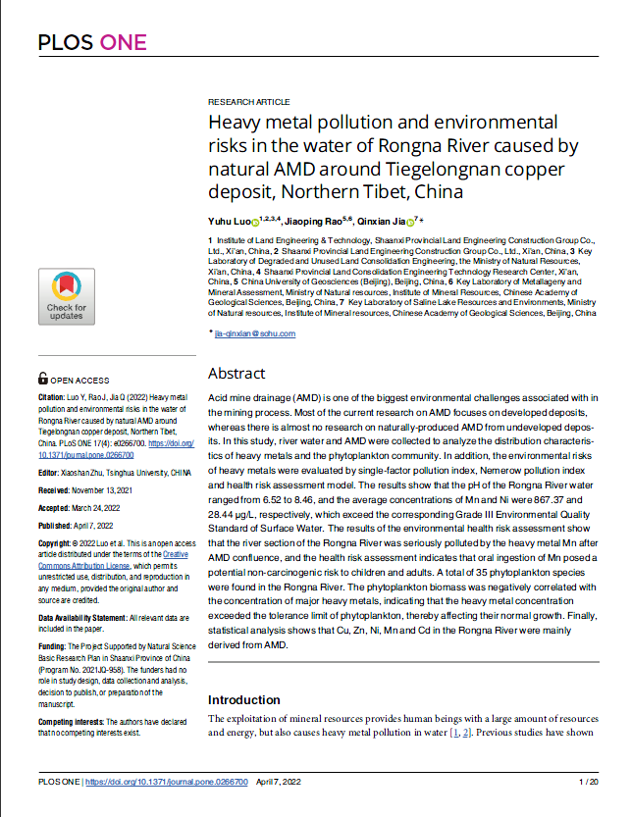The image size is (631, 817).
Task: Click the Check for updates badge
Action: click(66, 297)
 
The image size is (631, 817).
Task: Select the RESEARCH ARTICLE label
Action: click(248, 102)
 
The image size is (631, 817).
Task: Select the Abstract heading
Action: click(237, 373)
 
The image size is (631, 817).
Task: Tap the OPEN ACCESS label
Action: click(79, 379)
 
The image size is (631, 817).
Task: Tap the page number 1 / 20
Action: click(590, 782)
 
